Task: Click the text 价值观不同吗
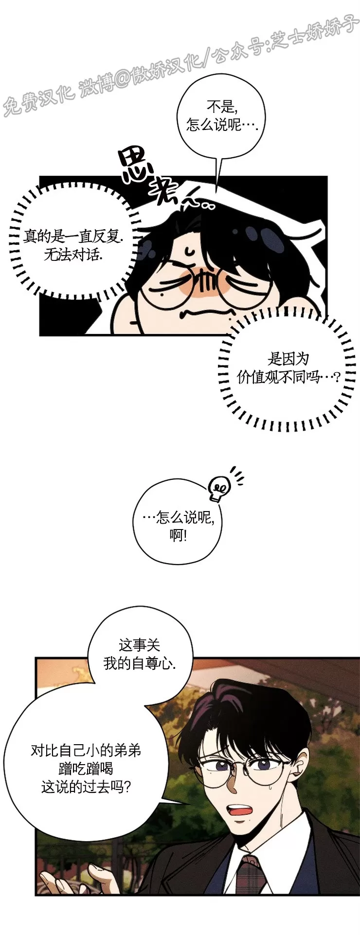point(288,377)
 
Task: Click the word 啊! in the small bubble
point(178,535)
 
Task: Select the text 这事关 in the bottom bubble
point(140,645)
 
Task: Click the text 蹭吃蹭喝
point(86,769)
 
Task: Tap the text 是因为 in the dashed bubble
point(288,359)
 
